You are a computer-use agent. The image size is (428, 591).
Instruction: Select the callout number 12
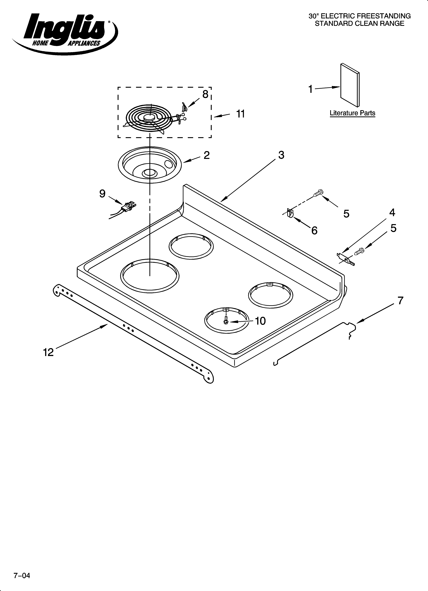tap(48, 352)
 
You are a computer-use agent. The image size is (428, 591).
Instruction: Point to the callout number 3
tap(281, 155)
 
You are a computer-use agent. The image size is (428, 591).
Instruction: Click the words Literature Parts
tap(352, 113)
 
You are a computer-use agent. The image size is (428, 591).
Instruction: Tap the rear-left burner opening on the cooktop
tap(191, 246)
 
